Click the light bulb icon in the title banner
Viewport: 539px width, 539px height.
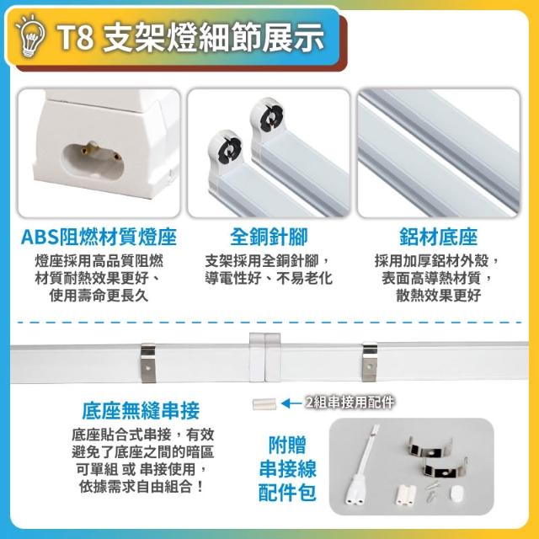click(31, 36)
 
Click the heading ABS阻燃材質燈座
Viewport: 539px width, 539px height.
click(99, 237)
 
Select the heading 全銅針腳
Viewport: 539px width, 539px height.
click(269, 237)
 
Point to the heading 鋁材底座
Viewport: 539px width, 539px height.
click(438, 237)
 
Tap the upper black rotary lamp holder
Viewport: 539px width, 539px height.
click(267, 116)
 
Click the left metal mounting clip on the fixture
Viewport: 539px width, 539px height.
click(148, 363)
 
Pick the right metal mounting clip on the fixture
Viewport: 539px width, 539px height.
click(370, 362)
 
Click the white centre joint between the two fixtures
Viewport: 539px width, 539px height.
click(264, 357)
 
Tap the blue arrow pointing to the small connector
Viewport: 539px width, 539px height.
click(292, 403)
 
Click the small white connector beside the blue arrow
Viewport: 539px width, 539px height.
click(264, 404)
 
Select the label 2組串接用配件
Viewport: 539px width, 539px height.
click(350, 403)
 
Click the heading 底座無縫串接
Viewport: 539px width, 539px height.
click(141, 410)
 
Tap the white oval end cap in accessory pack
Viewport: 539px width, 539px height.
click(457, 494)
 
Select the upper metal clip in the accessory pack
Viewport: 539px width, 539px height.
click(430, 447)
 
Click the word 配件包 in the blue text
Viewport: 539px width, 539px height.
click(287, 492)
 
